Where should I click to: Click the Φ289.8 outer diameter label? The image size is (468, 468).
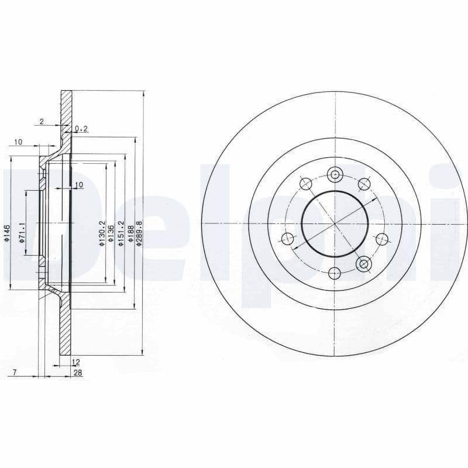point(139,233)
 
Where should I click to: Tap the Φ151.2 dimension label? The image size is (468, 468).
point(121,233)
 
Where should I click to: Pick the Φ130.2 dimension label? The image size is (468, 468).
point(101,233)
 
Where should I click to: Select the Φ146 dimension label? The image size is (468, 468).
point(6,233)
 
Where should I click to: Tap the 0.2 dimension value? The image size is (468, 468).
point(81,128)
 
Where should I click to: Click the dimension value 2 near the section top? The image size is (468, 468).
point(41,122)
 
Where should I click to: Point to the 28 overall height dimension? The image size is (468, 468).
point(77,373)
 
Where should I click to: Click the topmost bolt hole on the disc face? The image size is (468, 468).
point(335,174)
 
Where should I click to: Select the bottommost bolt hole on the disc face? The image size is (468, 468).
point(335,273)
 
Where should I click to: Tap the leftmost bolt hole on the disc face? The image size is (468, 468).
point(287,238)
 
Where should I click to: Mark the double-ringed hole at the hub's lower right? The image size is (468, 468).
point(364,264)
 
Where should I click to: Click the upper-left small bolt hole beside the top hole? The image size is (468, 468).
point(305,184)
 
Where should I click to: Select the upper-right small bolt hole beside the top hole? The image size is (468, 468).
point(364,184)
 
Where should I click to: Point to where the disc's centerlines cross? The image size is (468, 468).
point(335,223)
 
